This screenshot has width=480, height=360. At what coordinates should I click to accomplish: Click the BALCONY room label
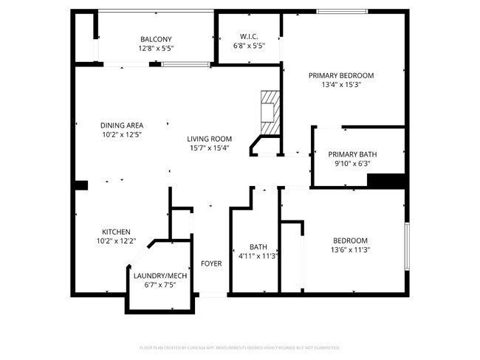156,39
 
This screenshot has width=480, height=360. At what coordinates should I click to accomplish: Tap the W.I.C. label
248,36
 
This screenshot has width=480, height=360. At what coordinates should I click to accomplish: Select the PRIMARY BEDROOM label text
341,75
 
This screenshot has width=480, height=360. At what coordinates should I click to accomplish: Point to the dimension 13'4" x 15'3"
341,85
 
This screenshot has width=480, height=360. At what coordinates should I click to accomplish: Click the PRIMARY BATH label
353,154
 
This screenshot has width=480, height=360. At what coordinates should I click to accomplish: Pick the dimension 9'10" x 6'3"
353,163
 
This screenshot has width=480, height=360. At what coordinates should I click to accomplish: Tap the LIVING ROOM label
210,139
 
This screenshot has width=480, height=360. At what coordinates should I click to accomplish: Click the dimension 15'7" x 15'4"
210,148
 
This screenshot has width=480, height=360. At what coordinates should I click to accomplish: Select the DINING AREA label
122,125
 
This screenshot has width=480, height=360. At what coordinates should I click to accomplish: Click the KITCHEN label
117,232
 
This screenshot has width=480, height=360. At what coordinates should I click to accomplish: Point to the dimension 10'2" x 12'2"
117,241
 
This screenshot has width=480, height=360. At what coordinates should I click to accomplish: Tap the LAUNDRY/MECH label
160,276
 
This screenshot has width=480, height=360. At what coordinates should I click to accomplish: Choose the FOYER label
211,263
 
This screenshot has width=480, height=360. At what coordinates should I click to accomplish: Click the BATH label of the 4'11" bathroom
258,247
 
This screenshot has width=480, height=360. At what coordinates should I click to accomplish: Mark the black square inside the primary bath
386,181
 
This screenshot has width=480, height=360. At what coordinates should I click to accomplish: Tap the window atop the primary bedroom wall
342,11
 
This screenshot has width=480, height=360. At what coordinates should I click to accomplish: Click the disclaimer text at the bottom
239,347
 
